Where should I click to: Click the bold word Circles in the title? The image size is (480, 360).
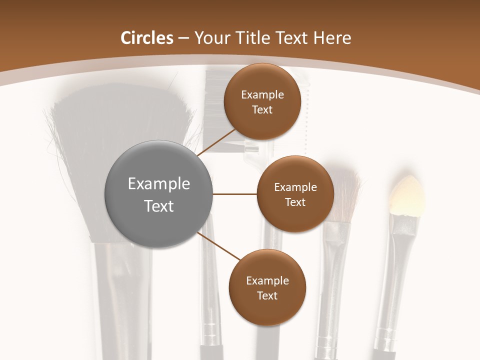point(146,38)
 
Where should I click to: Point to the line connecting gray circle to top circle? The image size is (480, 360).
point(216,143)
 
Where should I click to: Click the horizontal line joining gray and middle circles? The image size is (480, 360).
point(234,194)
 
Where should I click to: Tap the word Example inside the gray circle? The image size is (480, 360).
point(158,184)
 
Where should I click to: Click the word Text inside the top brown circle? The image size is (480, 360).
point(262,110)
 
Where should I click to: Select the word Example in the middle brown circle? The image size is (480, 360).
point(295,187)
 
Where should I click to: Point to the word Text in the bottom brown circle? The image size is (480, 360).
point(267,295)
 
